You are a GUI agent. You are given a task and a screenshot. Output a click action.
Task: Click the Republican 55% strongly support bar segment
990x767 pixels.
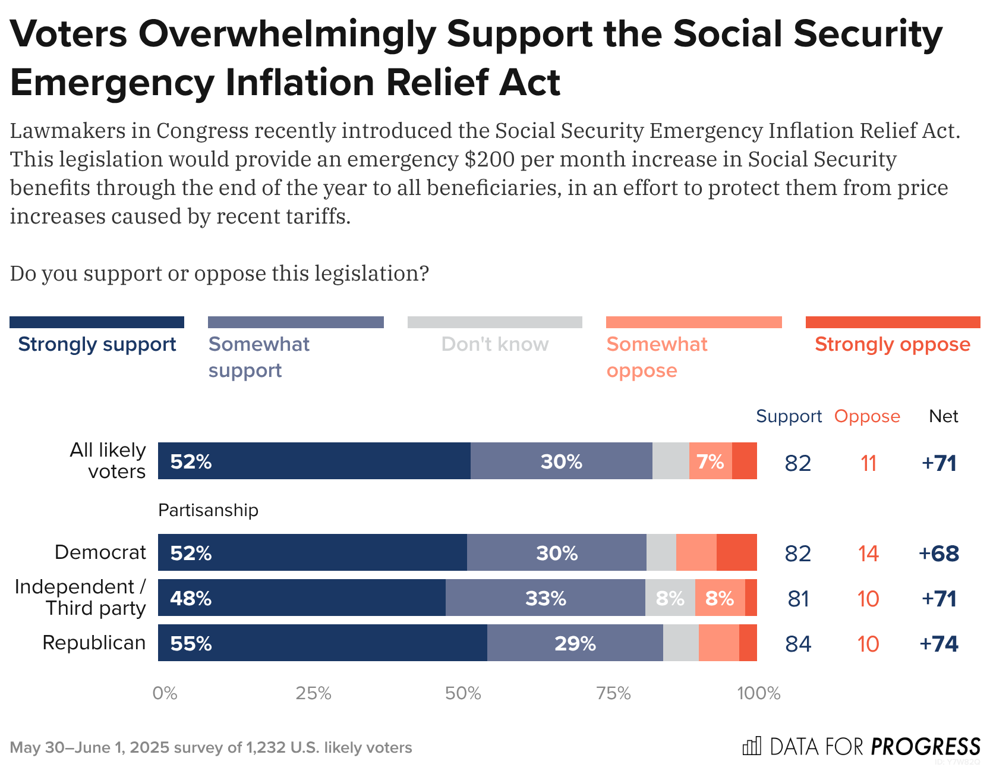click(x=322, y=643)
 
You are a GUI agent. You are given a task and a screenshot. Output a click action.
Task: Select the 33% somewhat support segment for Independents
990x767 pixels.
click(x=545, y=598)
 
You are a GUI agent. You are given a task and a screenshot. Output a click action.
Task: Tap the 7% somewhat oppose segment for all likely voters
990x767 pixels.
click(x=710, y=461)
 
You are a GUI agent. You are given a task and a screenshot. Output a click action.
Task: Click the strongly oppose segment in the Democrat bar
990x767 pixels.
click(x=736, y=552)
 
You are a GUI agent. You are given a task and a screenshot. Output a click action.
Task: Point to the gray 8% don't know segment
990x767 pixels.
click(x=670, y=598)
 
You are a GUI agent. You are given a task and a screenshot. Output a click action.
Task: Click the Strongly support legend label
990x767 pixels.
click(x=97, y=344)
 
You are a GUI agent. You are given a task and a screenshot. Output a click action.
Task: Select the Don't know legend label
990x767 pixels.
click(x=494, y=344)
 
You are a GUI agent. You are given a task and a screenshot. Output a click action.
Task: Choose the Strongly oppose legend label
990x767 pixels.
click(x=892, y=344)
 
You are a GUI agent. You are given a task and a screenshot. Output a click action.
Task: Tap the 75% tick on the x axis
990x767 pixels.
click(x=613, y=693)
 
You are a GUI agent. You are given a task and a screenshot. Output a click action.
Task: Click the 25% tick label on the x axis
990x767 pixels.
click(x=313, y=693)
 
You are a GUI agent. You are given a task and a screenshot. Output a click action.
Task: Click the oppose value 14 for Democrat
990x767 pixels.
click(x=868, y=554)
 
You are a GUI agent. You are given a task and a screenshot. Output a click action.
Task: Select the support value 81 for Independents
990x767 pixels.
click(x=798, y=599)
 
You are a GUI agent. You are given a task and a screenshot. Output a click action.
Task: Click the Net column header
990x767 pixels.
click(x=943, y=416)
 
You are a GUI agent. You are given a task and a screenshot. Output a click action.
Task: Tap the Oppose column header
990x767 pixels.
click(x=867, y=416)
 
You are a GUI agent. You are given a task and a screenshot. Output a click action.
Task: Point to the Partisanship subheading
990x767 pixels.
click(x=208, y=510)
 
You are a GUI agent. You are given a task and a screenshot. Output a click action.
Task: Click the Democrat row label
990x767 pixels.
click(x=100, y=552)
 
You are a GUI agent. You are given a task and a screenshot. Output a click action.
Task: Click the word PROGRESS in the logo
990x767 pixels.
click(x=925, y=746)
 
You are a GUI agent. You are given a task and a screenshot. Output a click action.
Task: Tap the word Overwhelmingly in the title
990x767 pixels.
click(x=287, y=34)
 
